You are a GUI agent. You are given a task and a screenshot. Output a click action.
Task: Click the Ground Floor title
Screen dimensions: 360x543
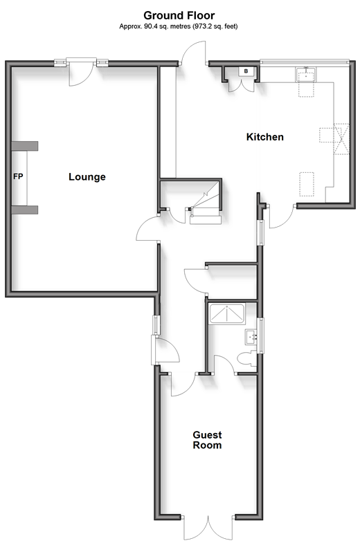tap(179, 15)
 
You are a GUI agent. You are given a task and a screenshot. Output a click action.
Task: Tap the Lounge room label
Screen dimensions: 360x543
tap(87, 176)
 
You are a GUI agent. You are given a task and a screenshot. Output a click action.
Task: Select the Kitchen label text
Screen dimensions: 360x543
tap(264, 137)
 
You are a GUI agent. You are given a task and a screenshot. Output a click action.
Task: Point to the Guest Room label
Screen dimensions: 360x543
tap(207, 440)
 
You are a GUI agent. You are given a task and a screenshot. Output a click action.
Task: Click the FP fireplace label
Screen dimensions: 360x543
tap(18, 176)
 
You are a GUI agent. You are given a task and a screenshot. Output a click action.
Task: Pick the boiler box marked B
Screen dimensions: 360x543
tap(246, 71)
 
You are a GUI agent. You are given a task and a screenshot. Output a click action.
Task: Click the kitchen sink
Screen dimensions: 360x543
tap(305, 75)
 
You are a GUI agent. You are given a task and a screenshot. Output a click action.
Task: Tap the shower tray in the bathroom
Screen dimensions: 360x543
tap(226, 314)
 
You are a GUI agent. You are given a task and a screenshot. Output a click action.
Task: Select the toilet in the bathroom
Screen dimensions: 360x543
tap(247, 358)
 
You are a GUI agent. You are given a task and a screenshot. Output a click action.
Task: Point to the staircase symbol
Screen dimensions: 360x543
tap(206, 204)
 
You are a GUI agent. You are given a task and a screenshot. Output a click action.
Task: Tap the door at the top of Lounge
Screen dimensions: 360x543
tap(81, 73)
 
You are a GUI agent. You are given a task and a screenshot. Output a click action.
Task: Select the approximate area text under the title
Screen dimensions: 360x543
tap(179, 26)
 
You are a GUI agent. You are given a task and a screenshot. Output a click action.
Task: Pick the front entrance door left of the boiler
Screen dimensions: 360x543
tap(194, 53)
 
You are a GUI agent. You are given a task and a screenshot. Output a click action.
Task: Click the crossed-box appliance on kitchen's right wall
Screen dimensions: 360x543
tap(341, 138)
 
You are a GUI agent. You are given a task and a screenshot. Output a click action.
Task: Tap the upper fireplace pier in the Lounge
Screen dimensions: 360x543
tap(25, 146)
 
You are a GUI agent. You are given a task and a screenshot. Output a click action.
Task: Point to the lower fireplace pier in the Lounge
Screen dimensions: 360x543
tap(25, 210)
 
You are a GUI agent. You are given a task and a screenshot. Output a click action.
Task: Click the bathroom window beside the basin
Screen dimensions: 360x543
tap(262, 335)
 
